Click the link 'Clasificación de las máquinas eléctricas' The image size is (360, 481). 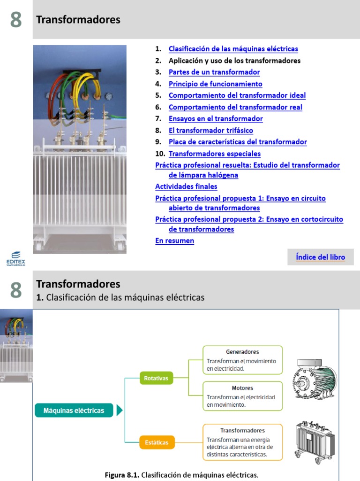[x=233, y=49]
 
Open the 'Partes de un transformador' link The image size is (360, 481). [x=214, y=72]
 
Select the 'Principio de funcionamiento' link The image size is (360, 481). [x=215, y=84]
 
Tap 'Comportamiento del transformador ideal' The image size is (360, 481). [x=237, y=95]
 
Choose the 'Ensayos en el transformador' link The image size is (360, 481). [x=216, y=119]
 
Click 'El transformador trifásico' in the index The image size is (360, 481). [x=210, y=131]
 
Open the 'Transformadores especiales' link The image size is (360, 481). [x=214, y=154]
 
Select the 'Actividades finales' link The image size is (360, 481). [x=186, y=186]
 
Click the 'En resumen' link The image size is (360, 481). [x=174, y=241]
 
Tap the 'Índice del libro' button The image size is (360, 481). [x=320, y=257]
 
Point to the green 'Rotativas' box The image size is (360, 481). [x=156, y=378]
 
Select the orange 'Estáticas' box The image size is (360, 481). [x=157, y=442]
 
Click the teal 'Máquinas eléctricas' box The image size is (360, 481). [x=74, y=411]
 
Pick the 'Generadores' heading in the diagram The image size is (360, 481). [x=242, y=352]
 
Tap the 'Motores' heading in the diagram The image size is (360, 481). [x=242, y=388]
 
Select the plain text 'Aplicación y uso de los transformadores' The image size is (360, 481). [x=234, y=61]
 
